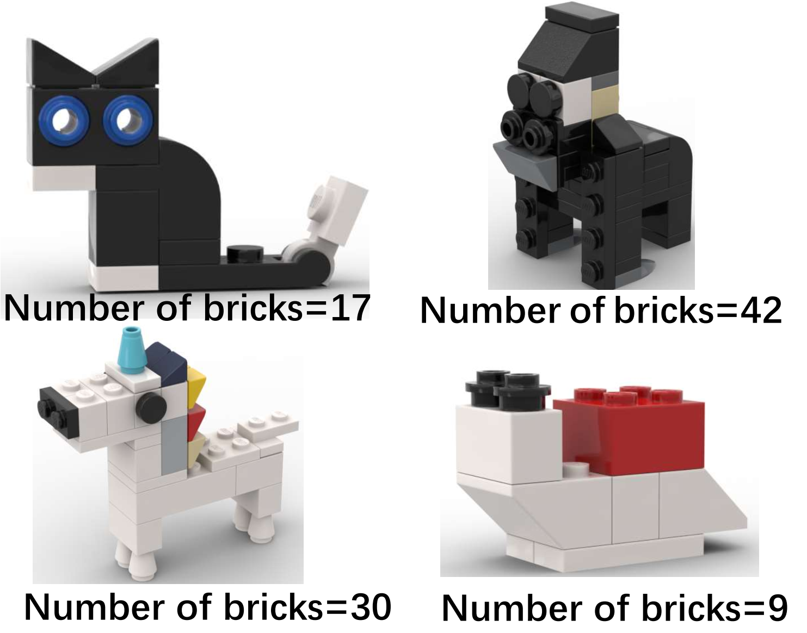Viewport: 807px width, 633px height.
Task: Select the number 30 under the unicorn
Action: coord(370,607)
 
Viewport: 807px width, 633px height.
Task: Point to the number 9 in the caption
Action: coord(777,608)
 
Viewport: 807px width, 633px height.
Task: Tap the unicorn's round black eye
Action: coord(151,406)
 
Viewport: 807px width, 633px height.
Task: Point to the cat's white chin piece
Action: coord(63,179)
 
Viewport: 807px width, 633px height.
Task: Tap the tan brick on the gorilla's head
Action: coord(605,100)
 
